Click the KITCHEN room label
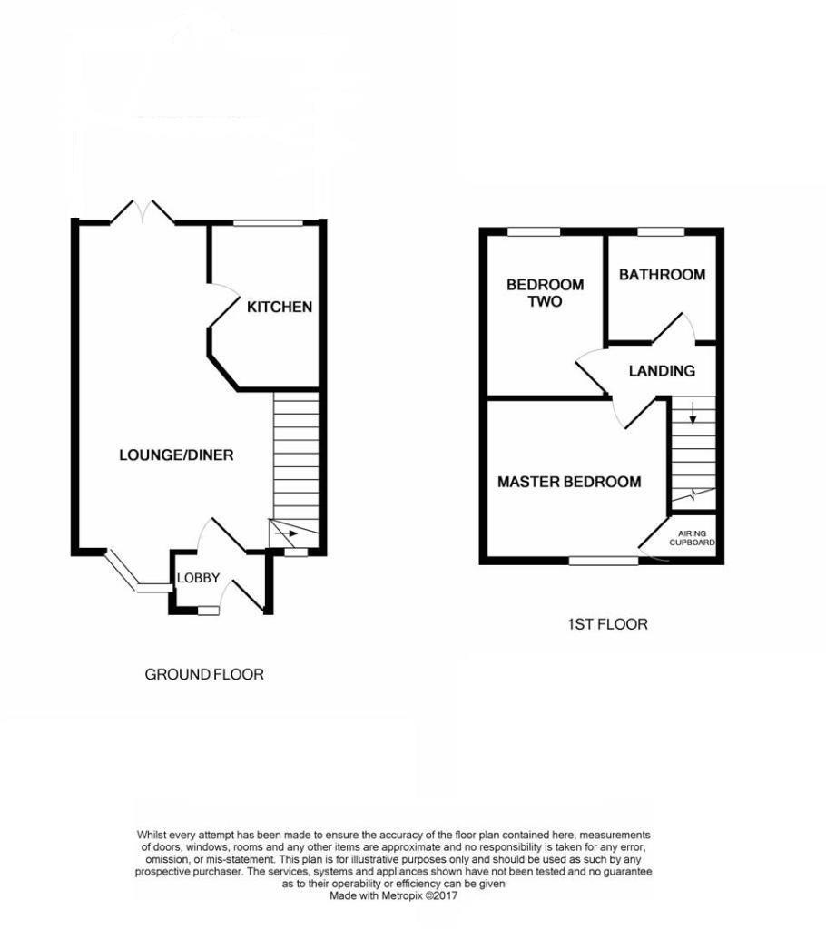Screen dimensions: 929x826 pos(280,307)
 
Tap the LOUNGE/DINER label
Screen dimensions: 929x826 pos(176,455)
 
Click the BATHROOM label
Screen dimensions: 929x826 pos(662,275)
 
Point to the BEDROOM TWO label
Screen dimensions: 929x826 pos(545,292)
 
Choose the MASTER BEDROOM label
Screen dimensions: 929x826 pos(569,482)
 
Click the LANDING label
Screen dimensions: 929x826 pos(662,370)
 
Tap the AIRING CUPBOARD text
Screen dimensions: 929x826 pos(693,538)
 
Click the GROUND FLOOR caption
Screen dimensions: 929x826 pos(204,674)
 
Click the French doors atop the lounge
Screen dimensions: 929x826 pos(143,212)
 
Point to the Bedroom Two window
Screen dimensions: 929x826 pos(533,232)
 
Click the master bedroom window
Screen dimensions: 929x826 pos(604,562)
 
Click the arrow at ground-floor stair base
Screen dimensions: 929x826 pos(290,535)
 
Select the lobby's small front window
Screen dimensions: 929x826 pos(208,611)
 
